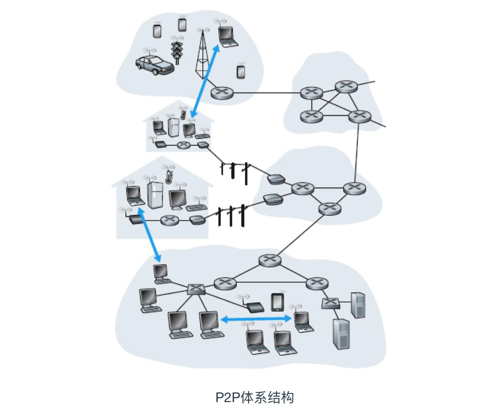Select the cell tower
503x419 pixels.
(x=202, y=55)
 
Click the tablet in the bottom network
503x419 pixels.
(x=277, y=302)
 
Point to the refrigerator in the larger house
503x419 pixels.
(x=155, y=195)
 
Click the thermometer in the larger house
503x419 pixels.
(x=168, y=175)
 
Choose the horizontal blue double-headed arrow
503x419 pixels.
(x=257, y=319)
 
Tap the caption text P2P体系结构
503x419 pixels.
(x=254, y=397)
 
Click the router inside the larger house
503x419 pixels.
(x=170, y=220)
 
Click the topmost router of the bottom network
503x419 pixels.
(x=270, y=260)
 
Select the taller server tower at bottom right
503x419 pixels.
(x=341, y=334)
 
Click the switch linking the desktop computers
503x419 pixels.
(x=196, y=289)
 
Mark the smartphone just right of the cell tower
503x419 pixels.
(x=241, y=71)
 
